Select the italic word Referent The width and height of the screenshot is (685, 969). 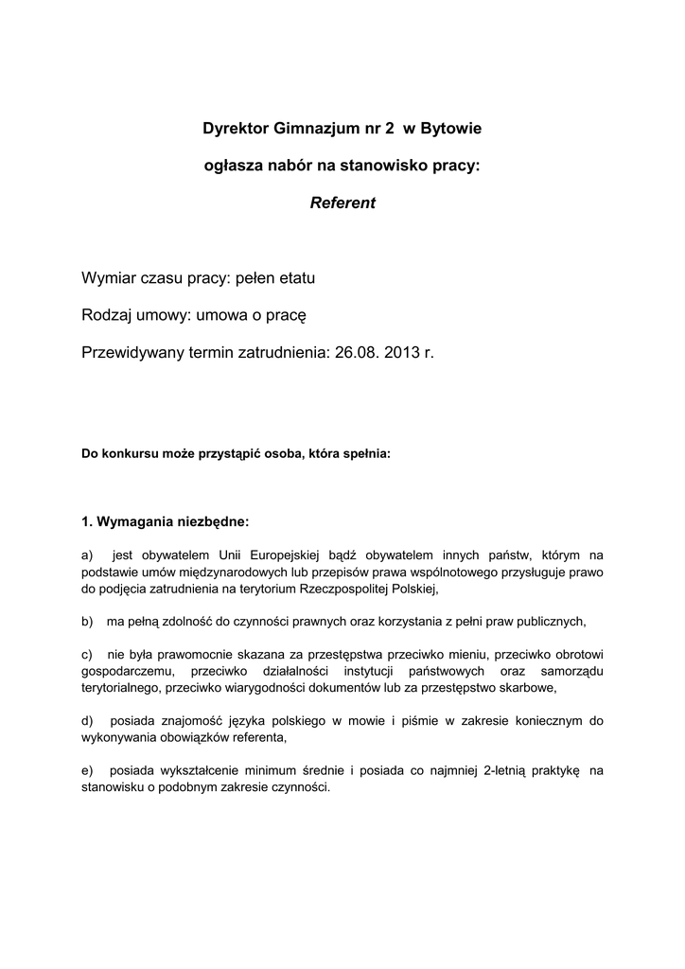pyautogui.click(x=342, y=203)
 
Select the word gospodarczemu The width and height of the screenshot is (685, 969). pyautogui.click(x=125, y=672)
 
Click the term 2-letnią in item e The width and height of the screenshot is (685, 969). pyautogui.click(x=507, y=771)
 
